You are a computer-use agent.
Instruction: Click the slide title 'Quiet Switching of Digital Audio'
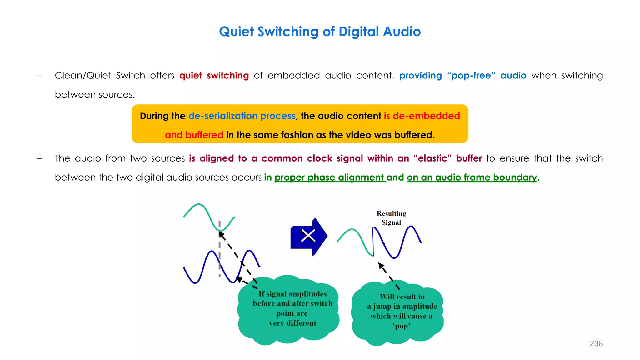tap(320, 32)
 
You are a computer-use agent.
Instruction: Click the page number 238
tap(596, 343)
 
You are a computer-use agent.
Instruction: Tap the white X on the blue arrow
tap(308, 236)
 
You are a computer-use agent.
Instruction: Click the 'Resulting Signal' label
tap(391, 218)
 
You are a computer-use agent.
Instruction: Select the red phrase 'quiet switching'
tap(214, 76)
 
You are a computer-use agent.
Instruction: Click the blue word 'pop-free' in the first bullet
tap(471, 76)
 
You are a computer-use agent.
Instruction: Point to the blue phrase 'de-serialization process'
tap(242, 116)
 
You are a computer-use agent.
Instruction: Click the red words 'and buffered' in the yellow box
tap(194, 135)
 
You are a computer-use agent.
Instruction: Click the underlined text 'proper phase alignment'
tap(330, 177)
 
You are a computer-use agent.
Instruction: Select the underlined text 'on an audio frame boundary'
tap(472, 177)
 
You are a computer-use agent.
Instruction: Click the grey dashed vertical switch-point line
tap(219, 250)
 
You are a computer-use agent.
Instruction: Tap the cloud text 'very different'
tap(292, 323)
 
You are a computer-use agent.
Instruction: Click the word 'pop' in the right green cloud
tap(401, 326)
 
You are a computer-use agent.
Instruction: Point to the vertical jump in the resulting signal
tap(373, 242)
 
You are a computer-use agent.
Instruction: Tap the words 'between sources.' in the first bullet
tap(95, 94)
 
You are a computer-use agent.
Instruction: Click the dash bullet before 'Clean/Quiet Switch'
tap(39, 76)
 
